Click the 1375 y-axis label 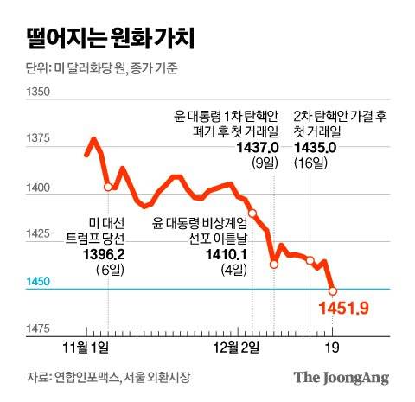coord(38,138)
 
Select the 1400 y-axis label coord(38,187)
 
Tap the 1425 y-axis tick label coord(38,234)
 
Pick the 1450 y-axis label coord(38,282)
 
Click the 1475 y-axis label coord(38,329)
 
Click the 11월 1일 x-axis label coord(88,347)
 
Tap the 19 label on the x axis coord(334,347)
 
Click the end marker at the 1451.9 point coord(333,290)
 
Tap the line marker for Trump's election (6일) coord(108,186)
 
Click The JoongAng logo coord(340,378)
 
